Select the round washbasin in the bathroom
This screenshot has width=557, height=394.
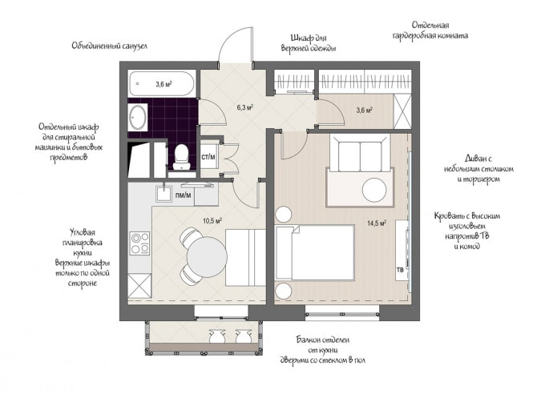pyautogui.click(x=137, y=121)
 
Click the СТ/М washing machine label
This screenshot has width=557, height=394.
pyautogui.click(x=208, y=157)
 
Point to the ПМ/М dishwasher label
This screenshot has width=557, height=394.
pyautogui.click(x=184, y=195)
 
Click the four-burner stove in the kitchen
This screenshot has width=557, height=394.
pyautogui.click(x=139, y=243)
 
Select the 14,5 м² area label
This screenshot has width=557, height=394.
pyautogui.click(x=377, y=223)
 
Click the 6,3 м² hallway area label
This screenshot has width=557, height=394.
pyautogui.click(x=244, y=107)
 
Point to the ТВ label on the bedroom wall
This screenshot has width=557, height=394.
pyautogui.click(x=399, y=270)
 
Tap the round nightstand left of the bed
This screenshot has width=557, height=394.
pyautogui.click(x=284, y=214)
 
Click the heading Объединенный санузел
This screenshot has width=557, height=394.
pyautogui.click(x=108, y=46)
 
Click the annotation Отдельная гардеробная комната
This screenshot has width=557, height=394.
pyautogui.click(x=430, y=30)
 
